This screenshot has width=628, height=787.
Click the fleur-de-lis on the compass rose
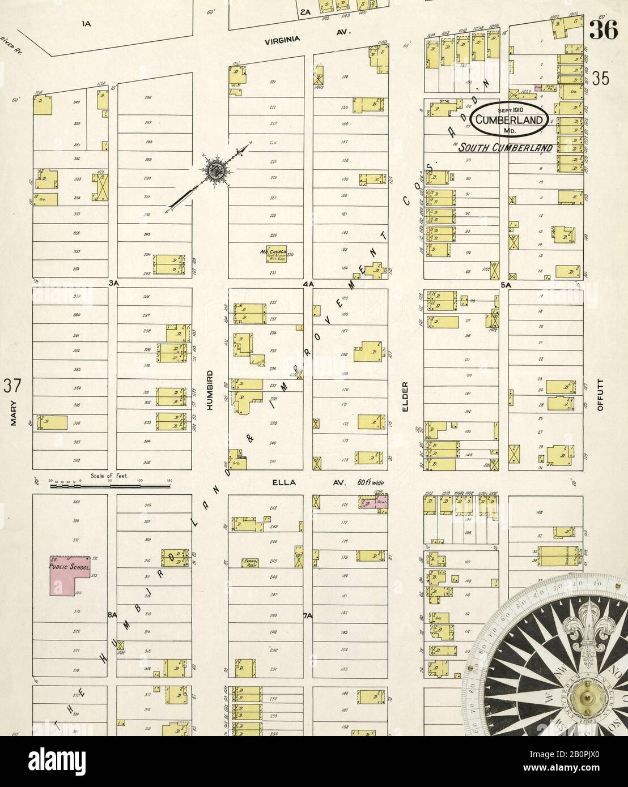coord(589,623)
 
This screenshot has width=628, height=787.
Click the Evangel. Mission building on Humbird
coord(251,563)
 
